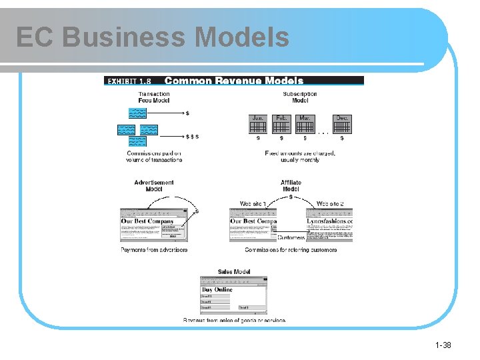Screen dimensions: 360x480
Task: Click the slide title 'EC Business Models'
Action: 153,37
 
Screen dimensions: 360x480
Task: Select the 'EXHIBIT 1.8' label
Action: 132,81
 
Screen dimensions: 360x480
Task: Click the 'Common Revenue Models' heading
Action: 233,81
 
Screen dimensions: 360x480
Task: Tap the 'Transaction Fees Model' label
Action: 154,97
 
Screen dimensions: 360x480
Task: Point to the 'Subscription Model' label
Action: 300,97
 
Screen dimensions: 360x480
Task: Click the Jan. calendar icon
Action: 258,124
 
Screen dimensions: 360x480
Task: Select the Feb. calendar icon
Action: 281,124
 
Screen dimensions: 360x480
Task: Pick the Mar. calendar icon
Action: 305,124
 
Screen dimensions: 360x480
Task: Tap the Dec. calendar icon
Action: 342,124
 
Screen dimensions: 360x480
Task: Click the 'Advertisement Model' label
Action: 154,185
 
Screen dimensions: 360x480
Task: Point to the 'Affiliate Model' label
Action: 291,185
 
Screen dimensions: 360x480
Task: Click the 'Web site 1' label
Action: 253,203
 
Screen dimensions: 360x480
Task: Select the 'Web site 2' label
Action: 330,203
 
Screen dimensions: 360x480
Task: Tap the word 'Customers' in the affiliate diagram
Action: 291,237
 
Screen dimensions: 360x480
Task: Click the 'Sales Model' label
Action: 234,271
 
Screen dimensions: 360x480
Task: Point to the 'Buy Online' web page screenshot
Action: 234,294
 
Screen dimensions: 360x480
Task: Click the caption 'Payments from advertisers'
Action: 154,250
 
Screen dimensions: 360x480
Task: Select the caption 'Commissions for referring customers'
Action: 291,250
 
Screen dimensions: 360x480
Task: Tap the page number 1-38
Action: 443,345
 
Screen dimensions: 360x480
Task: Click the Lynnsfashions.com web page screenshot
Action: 329,224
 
